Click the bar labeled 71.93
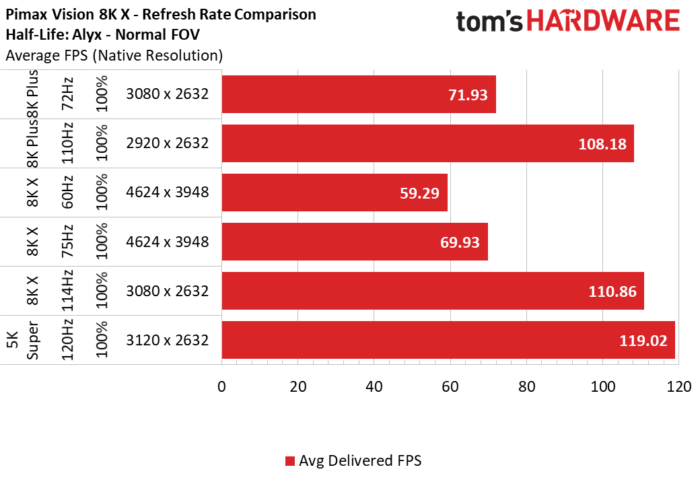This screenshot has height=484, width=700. [359, 94]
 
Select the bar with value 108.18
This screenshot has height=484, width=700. [427, 143]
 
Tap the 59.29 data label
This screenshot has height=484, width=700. [419, 193]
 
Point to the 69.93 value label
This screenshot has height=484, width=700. [460, 242]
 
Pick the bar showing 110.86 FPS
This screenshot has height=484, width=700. [433, 291]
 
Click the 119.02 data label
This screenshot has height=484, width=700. [643, 341]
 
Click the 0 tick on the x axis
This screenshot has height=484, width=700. [222, 386]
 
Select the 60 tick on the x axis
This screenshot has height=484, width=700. [450, 386]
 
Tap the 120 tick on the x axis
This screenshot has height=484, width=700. [679, 386]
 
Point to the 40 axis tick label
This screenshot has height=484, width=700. [374, 386]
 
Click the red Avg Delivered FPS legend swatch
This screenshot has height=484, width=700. [290, 461]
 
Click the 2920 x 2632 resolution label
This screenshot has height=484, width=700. [168, 143]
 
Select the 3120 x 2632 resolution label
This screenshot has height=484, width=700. [168, 340]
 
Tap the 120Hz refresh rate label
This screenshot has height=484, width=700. [67, 340]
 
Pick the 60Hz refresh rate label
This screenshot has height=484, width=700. [67, 193]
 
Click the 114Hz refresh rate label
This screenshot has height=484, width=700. [67, 291]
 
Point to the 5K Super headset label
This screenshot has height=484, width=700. [23, 340]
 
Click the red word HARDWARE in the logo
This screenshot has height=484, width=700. [603, 21]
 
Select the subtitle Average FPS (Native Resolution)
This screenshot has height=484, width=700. [114, 55]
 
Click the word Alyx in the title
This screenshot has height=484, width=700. [87, 35]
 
